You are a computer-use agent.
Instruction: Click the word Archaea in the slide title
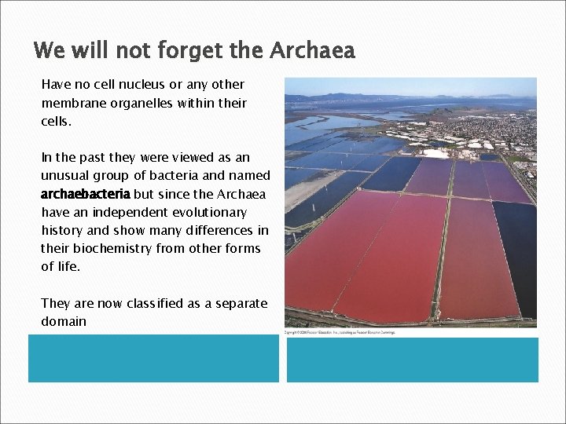tap(312, 51)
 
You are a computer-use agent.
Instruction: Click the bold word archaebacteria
tap(86, 194)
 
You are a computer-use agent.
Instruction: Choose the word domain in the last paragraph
tap(64, 321)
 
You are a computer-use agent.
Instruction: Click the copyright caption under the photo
tap(340, 333)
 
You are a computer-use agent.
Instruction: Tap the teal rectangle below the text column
tap(153, 358)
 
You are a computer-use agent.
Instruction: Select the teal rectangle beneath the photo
tap(412, 360)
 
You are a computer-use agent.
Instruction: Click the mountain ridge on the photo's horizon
tap(369, 97)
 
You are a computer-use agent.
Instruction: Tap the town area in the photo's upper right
tap(503, 130)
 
